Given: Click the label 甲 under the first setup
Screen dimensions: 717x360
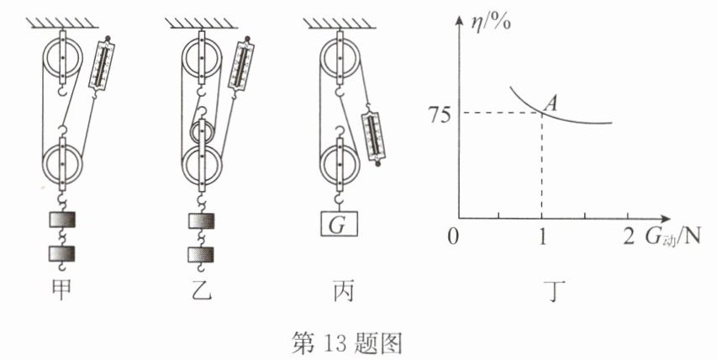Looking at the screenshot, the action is [x=61, y=292].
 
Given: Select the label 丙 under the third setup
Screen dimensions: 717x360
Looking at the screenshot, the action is [x=340, y=292].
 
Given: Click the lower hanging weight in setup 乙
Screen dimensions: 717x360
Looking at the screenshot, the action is [x=202, y=254].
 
